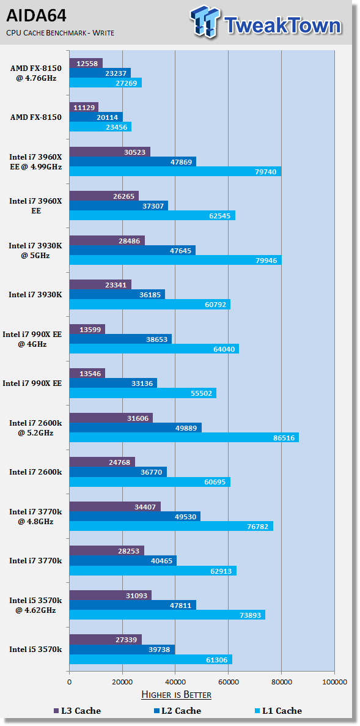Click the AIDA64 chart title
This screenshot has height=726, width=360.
(x=36, y=17)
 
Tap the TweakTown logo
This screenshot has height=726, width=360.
(x=266, y=24)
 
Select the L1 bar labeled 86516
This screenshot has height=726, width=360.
(x=184, y=437)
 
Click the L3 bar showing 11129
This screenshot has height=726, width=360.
(x=84, y=108)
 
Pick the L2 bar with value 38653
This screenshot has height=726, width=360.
(x=120, y=339)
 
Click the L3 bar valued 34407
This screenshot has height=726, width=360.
(x=115, y=506)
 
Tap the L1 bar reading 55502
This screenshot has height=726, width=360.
(x=143, y=393)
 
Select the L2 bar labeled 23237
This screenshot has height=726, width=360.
(x=100, y=73)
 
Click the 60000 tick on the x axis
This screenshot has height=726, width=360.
(x=228, y=682)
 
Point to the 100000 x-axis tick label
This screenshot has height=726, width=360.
(x=334, y=682)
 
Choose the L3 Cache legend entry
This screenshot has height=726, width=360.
(x=77, y=711)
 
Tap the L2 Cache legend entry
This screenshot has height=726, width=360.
(x=178, y=711)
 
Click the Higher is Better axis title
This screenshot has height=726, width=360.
(x=176, y=695)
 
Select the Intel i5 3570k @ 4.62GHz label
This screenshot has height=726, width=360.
(x=35, y=605)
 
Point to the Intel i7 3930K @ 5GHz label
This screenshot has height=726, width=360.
(x=35, y=250)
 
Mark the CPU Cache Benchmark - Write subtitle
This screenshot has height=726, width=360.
(x=60, y=33)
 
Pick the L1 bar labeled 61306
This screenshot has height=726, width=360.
(x=151, y=659)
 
